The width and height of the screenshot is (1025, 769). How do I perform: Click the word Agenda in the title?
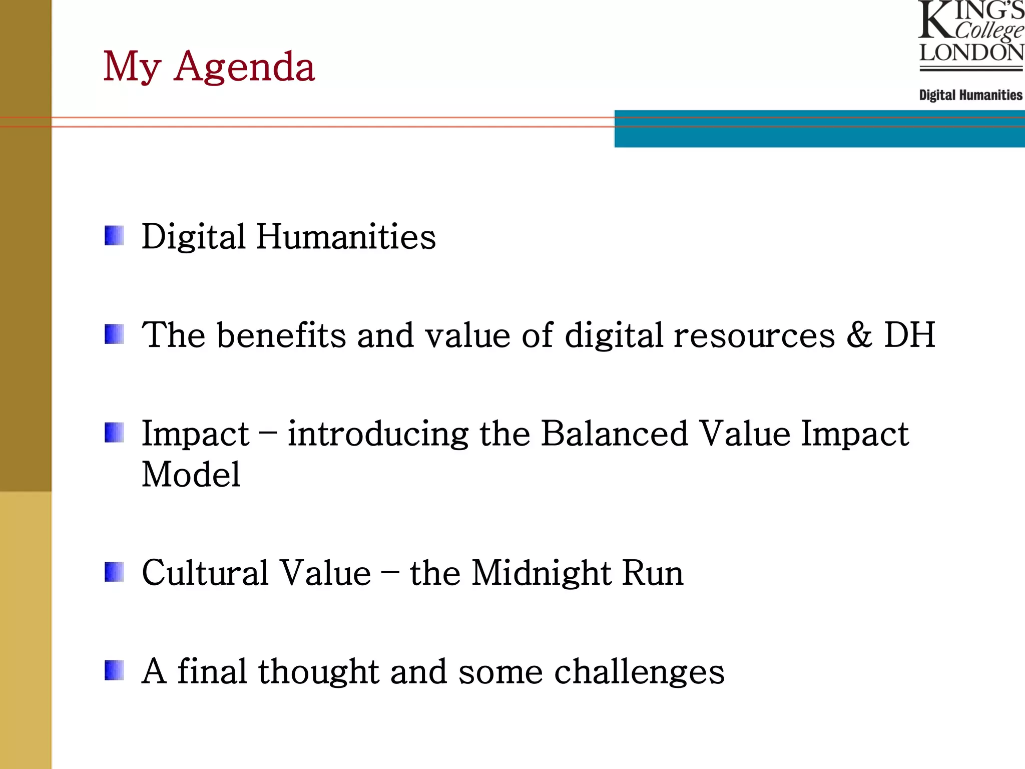coord(244,67)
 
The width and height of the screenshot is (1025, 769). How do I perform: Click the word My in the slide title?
coord(132,67)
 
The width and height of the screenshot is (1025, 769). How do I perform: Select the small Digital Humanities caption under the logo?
coord(970,95)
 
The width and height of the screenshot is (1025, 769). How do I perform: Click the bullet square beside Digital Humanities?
coord(114,236)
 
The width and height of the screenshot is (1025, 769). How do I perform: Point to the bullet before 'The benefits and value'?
coord(114,334)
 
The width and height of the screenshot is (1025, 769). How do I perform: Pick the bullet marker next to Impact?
coord(114,433)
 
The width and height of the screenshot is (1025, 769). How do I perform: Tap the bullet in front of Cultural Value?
coord(114,572)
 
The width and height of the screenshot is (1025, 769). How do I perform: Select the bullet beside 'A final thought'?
coord(114,671)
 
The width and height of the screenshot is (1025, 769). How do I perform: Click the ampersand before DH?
coord(859,334)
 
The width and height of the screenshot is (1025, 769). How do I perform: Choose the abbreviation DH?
coord(909,334)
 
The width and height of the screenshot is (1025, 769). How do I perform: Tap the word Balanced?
coord(614,433)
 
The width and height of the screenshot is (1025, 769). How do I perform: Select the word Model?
coord(191,474)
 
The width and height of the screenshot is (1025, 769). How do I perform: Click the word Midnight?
coord(541,573)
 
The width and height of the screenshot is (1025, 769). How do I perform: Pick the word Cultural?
coord(205,572)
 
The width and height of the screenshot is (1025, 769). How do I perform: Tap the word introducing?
coord(378,434)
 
